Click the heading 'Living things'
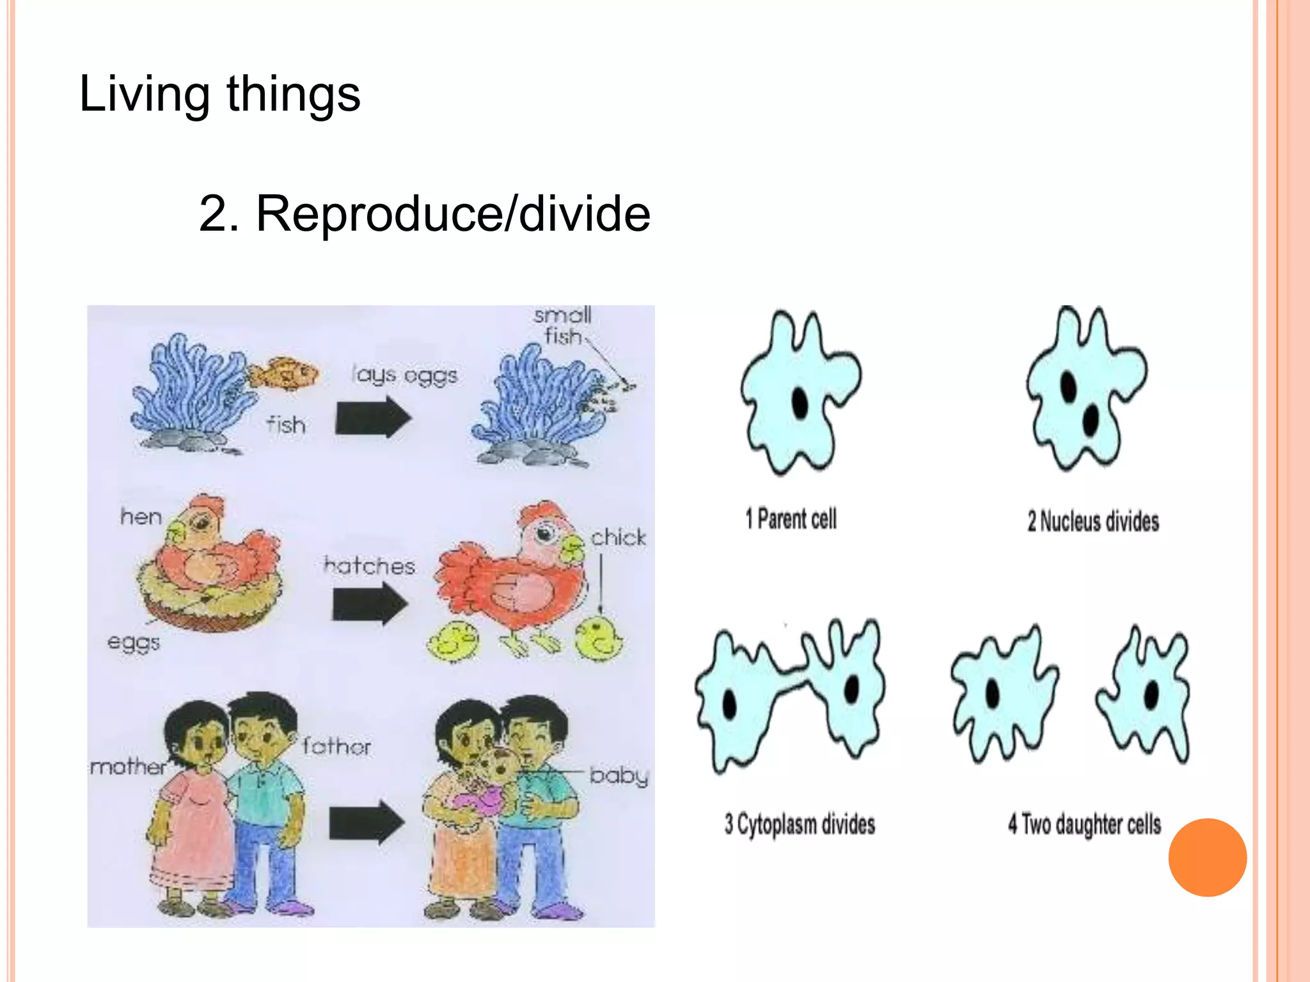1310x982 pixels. pyautogui.click(x=219, y=95)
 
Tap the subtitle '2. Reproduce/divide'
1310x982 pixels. pyautogui.click(x=424, y=214)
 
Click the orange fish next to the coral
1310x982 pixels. pyautogui.click(x=284, y=374)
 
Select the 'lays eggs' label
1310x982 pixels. pyautogui.click(x=404, y=375)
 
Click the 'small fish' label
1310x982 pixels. pyautogui.click(x=563, y=325)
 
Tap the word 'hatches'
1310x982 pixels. pyautogui.click(x=370, y=566)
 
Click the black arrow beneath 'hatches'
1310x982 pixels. pyautogui.click(x=370, y=604)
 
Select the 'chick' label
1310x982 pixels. pyautogui.click(x=618, y=538)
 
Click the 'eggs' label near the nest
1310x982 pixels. pyautogui.click(x=133, y=642)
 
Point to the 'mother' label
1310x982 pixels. pyautogui.click(x=128, y=767)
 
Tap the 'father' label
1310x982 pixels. pyautogui.click(x=336, y=746)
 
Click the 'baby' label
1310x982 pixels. pyautogui.click(x=619, y=776)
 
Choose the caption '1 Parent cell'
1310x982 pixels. pyautogui.click(x=791, y=519)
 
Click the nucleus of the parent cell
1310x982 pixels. pyautogui.click(x=800, y=402)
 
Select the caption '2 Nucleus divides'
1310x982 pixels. pyautogui.click(x=1093, y=521)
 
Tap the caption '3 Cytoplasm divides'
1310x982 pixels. pyautogui.click(x=800, y=824)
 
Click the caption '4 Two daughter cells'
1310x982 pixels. pyautogui.click(x=1084, y=824)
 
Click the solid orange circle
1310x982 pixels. pyautogui.click(x=1207, y=857)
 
